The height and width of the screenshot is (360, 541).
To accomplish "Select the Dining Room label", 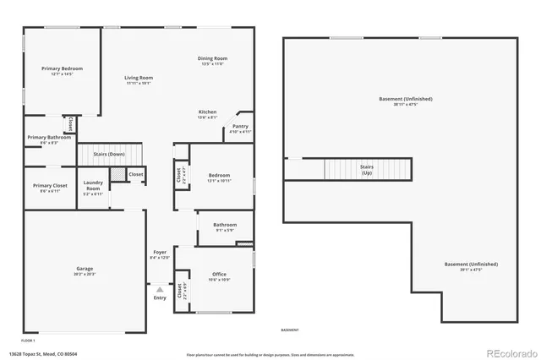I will click(x=214, y=58).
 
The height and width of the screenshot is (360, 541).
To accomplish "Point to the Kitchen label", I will click(x=208, y=112).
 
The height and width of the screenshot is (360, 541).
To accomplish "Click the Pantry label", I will click(x=240, y=127).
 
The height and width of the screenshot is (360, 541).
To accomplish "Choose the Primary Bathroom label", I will click(x=49, y=138).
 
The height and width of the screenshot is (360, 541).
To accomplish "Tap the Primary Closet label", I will click(x=50, y=186).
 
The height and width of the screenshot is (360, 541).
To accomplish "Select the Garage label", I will click(x=85, y=270).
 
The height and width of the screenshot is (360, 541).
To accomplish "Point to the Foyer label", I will click(x=159, y=253).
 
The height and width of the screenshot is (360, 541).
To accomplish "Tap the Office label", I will click(x=220, y=275).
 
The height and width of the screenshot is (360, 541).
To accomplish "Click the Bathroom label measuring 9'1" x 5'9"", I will click(x=225, y=225).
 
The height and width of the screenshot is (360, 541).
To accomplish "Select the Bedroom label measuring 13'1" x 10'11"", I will click(x=219, y=176).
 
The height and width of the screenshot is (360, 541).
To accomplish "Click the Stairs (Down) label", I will click(x=109, y=155).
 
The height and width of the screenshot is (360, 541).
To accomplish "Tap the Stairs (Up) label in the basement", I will click(x=367, y=168).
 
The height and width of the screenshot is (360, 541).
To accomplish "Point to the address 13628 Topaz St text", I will click(x=43, y=352).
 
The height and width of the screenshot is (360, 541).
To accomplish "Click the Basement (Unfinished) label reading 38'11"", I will click(x=399, y=101).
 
